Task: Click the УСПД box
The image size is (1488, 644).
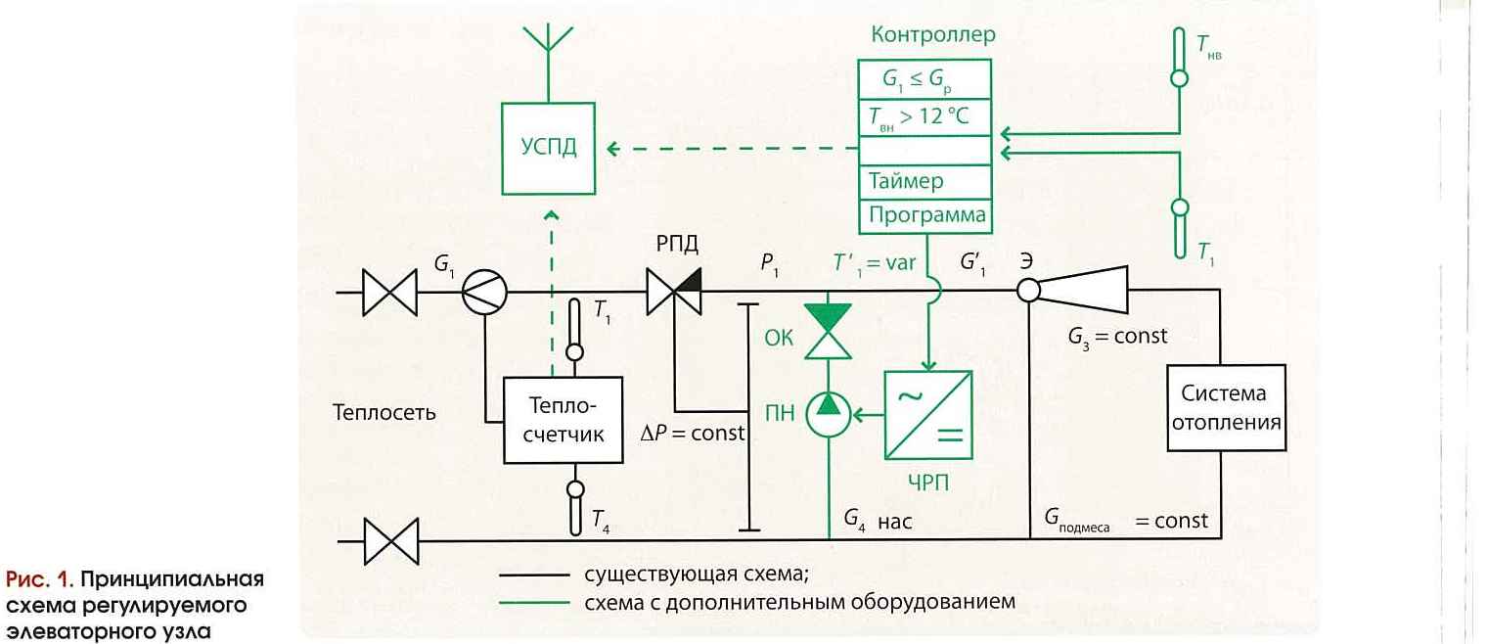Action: pyautogui.click(x=549, y=149)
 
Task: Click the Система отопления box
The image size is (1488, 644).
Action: pyautogui.click(x=1225, y=408)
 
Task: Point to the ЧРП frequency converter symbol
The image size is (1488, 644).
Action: pyautogui.click(x=927, y=415)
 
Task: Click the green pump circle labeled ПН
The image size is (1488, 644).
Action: pyautogui.click(x=829, y=415)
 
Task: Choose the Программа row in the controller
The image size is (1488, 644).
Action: pyautogui.click(x=924, y=214)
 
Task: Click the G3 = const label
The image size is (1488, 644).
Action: pyautogui.click(x=1117, y=336)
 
